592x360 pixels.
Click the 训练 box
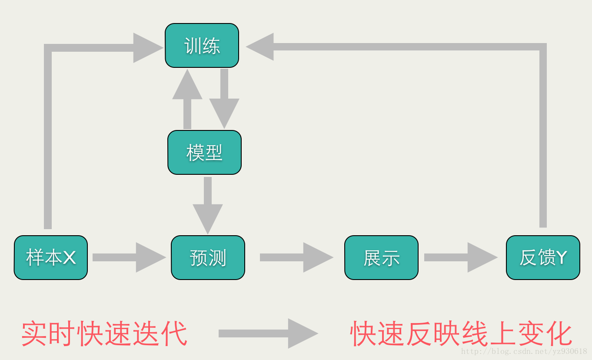pos(202,46)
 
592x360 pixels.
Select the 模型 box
pos(204,153)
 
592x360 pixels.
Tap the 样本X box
pos(51,257)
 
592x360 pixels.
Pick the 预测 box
pos(208,257)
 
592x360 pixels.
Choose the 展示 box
pos(381,257)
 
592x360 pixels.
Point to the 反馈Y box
pos(543,257)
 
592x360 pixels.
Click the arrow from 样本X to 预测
pos(129,257)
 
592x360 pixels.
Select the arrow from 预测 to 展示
pos(296,257)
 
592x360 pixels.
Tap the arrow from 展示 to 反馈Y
pos(461,257)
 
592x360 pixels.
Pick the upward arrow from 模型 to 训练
pos(187,99)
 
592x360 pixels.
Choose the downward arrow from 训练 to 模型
pos(224,99)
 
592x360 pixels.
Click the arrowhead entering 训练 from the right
pos(260,47)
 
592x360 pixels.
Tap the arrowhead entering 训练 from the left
pos(147,48)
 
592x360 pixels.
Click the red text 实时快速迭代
pos(104,334)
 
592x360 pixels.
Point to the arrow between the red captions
pos(268,333)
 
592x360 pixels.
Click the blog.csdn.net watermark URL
pos(524,351)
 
